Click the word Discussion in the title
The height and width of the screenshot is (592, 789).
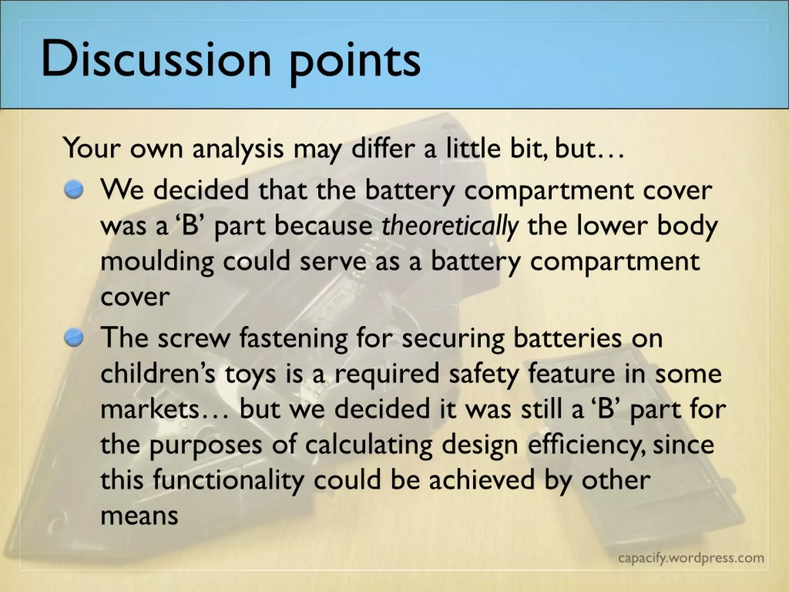[x=156, y=59]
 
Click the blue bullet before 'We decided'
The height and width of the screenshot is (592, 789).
[x=74, y=190]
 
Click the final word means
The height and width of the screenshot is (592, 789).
[x=139, y=516]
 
